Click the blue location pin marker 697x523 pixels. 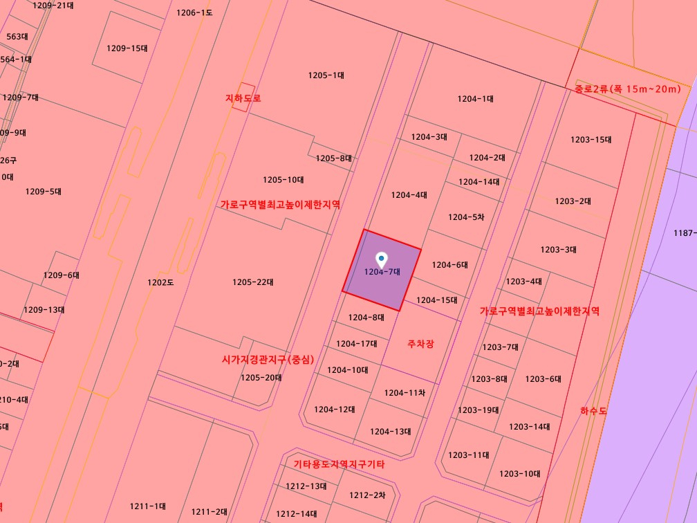point(381,260)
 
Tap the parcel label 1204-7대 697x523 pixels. point(382,272)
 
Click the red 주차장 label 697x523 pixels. point(420,344)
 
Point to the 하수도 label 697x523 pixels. point(593,410)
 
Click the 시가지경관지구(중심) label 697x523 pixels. point(268,360)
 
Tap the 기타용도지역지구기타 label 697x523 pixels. point(339,464)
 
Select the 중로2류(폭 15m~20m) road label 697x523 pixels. point(628,89)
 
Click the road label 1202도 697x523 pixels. point(160,282)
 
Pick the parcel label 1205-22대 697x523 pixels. point(253,282)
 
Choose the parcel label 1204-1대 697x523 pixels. point(475,99)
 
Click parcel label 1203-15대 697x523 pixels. point(591,140)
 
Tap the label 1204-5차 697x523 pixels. point(466,217)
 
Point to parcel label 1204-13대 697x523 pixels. point(390,432)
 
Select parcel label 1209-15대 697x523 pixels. point(127,48)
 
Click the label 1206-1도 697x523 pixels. point(194,12)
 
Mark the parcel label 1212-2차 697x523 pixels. point(366,495)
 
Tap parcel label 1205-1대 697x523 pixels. point(326,75)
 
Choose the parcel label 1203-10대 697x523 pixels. point(519,474)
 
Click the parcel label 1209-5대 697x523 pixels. point(44,192)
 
